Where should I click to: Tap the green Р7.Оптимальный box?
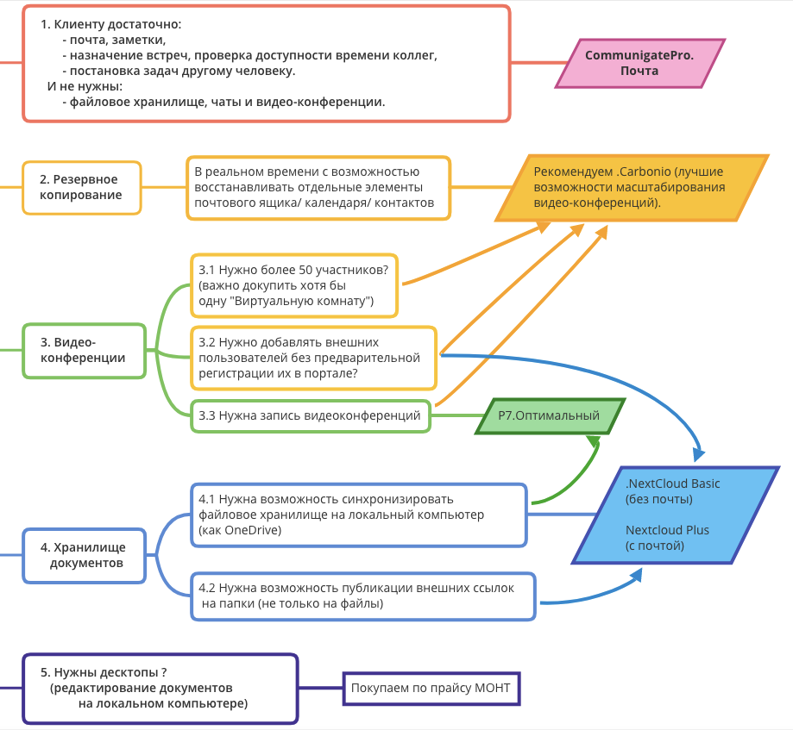pyautogui.click(x=549, y=416)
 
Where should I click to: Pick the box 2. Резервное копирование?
pyautogui.click(x=81, y=187)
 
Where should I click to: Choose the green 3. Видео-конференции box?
pyautogui.click(x=84, y=350)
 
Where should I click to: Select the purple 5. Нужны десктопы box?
pyautogui.click(x=160, y=688)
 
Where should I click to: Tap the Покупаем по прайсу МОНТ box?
pyautogui.click(x=431, y=688)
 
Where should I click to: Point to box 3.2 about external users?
pyautogui.click(x=312, y=358)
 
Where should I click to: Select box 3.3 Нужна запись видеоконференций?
pyautogui.click(x=310, y=416)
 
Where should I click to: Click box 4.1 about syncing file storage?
pyautogui.click(x=357, y=515)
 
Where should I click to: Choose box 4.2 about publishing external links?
pyautogui.click(x=362, y=596)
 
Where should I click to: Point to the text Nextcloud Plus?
pyautogui.click(x=667, y=530)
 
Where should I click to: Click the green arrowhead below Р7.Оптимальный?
pyautogui.click(x=593, y=441)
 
